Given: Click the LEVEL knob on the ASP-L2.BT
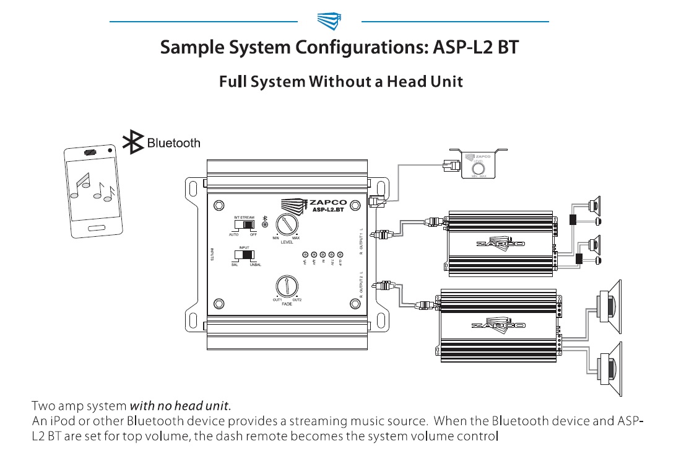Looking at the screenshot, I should coord(286,224).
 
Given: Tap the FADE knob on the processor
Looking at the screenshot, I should coord(286,286).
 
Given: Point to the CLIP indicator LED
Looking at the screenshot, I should coord(340,255).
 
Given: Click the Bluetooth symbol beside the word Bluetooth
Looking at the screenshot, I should coord(132,143).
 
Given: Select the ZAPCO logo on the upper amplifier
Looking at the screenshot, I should coord(500,243).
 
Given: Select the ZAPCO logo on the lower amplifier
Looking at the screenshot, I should coord(498,324).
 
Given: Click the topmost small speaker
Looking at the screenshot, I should coord(594,204).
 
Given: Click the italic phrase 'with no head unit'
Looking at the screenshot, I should coord(180,407).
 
